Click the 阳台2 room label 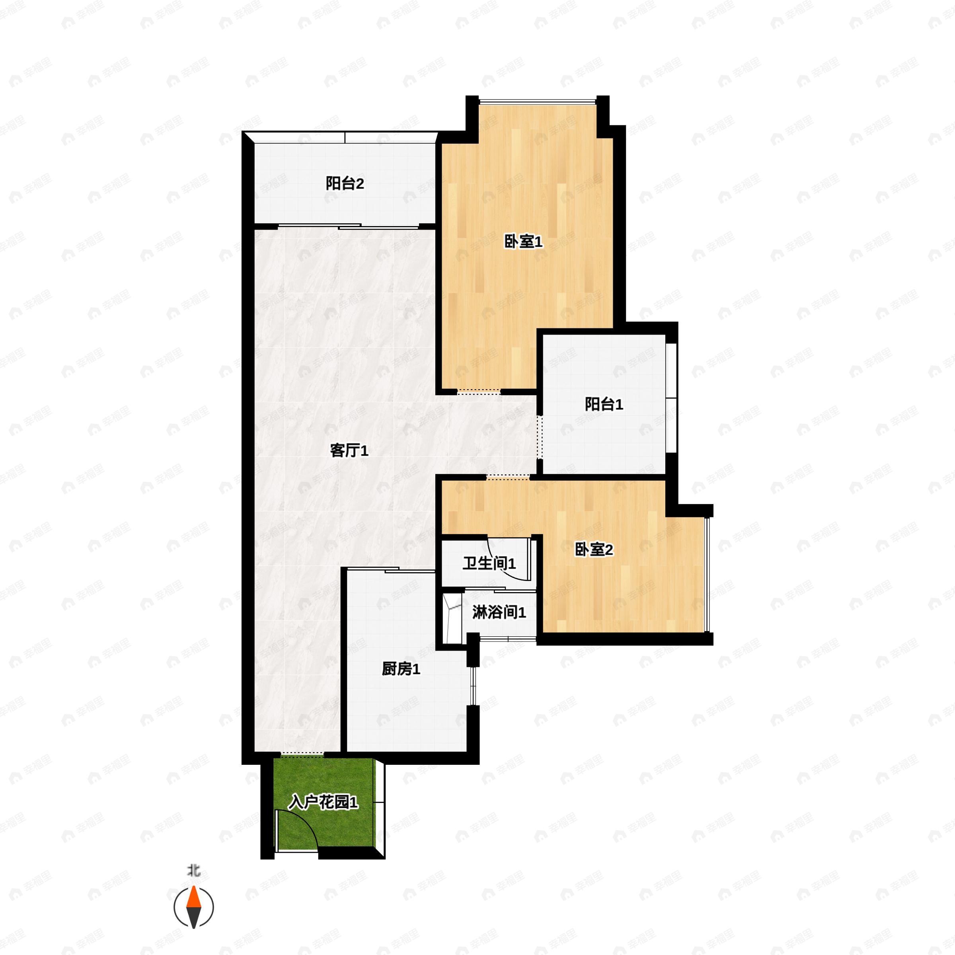[x=345, y=184]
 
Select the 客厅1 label [x=349, y=451]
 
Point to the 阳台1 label [x=604, y=404]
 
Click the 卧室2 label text [x=594, y=549]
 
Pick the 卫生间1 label [x=489, y=563]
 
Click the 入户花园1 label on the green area [x=323, y=802]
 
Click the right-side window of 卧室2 [x=708, y=574]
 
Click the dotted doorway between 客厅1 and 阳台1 [x=540, y=437]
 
